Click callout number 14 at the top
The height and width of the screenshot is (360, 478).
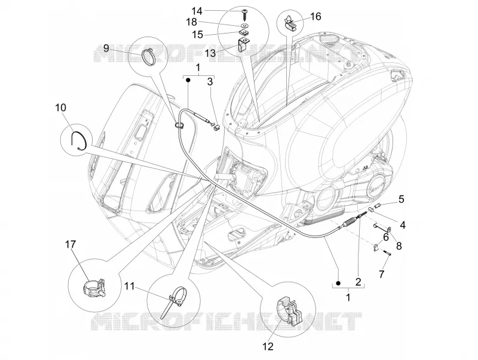coord(197,11)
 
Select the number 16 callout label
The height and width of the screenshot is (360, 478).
coord(315,16)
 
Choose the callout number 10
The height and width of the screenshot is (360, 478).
coord(61,108)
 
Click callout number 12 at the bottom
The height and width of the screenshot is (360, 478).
coord(268,346)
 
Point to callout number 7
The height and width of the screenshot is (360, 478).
coord(381,274)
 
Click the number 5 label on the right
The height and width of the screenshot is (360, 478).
coord(401,199)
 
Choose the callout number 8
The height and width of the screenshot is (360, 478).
coord(399,246)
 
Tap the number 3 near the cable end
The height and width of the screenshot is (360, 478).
coord(210,81)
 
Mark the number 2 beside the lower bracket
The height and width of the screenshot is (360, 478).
coord(358,281)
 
